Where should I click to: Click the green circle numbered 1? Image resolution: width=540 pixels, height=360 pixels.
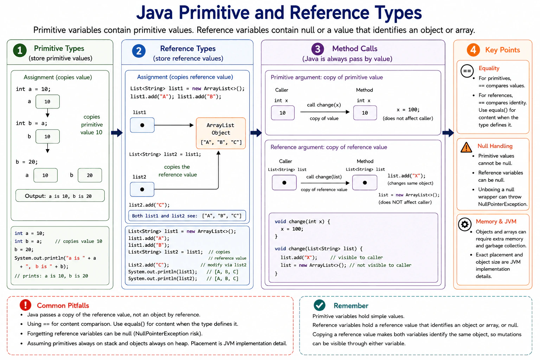(20, 50)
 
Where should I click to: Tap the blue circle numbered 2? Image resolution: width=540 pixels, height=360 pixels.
(139, 51)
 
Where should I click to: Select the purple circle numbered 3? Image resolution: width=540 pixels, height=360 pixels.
(317, 49)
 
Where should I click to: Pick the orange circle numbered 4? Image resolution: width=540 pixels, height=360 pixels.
(473, 50)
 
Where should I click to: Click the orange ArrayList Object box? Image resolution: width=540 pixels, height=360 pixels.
(221, 133)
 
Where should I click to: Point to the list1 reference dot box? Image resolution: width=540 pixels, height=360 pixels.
(142, 125)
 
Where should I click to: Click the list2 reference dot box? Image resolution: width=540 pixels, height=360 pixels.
(142, 189)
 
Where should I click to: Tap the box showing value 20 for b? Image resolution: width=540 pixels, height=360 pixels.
(90, 175)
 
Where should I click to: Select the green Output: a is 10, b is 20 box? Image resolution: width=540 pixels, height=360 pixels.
(60, 195)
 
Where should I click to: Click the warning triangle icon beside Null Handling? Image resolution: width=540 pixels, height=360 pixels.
(466, 147)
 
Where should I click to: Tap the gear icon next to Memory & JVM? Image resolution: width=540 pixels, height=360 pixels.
(464, 224)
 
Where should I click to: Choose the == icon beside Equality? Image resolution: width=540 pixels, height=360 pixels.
(467, 71)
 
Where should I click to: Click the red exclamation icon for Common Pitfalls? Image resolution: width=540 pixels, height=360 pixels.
(26, 305)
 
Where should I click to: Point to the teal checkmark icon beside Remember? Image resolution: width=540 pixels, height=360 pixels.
(320, 305)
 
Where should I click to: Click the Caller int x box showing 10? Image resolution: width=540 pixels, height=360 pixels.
(283, 112)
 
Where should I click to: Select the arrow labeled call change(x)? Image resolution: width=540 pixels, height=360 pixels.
(325, 112)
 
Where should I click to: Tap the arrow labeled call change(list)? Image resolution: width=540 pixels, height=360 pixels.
(325, 183)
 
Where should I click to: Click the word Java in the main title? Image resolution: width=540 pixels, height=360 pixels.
(155, 13)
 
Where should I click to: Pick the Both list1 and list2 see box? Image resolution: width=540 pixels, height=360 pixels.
(187, 216)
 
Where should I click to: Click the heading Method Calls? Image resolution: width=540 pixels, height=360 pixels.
(355, 49)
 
